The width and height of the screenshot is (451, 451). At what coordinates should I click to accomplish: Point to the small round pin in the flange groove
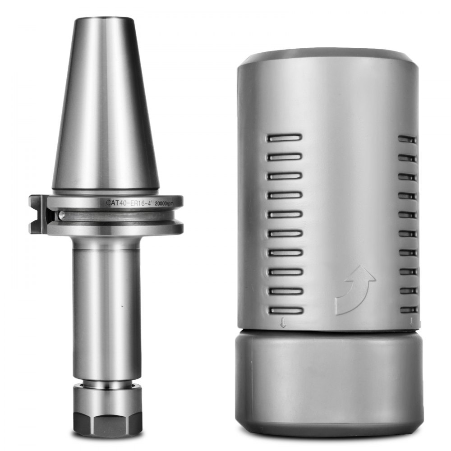coord(62,216)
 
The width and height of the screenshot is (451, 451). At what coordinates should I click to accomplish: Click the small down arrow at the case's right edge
coord(412,322)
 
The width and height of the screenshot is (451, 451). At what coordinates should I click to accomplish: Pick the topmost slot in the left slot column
coord(285,138)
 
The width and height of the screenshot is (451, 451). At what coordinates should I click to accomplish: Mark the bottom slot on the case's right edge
coord(409,310)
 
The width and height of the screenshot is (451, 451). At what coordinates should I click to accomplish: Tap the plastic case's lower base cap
coord(329,383)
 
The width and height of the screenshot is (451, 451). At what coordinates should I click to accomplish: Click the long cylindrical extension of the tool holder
coord(107,307)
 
